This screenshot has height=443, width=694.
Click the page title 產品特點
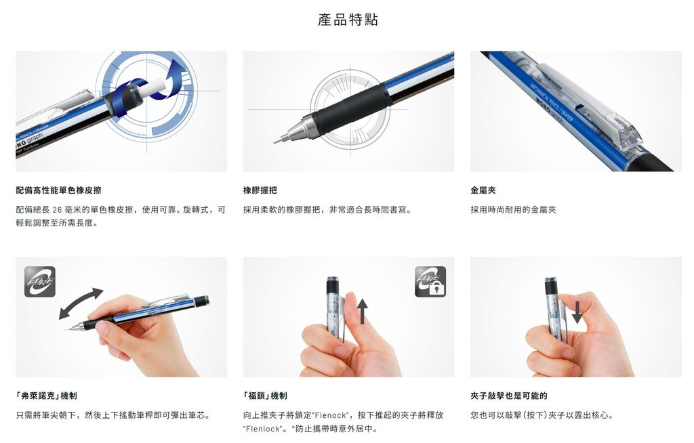[348, 20]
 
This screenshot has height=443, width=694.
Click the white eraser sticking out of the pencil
[152, 88]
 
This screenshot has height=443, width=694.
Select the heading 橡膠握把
[260, 190]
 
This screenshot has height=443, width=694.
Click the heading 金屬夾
[483, 190]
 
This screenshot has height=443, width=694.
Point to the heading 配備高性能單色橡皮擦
[58, 190]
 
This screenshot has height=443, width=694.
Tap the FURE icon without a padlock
[40, 282]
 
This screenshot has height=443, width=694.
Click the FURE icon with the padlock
[430, 282]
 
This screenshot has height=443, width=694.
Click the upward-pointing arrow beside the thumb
[363, 311]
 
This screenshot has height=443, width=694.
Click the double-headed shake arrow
[81, 303]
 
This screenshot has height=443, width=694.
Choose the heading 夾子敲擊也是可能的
[508, 396]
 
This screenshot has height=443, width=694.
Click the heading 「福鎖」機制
[265, 396]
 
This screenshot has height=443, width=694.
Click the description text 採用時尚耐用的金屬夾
[513, 210]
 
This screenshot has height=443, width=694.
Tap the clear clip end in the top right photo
[626, 132]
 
